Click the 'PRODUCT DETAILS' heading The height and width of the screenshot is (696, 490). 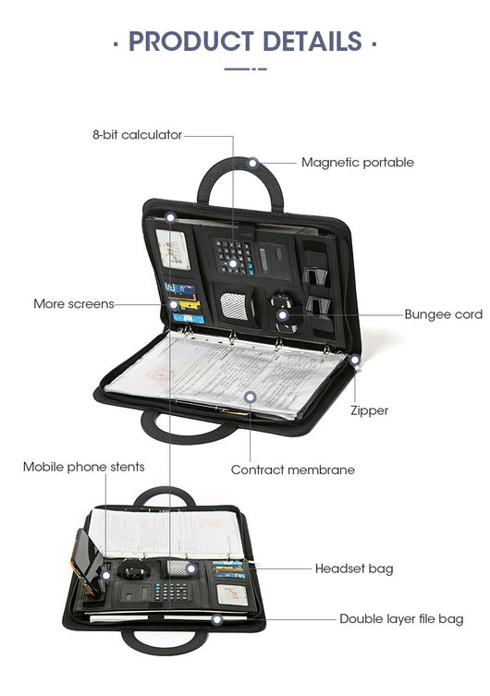pos(245,42)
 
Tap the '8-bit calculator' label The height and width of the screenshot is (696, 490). pos(137,135)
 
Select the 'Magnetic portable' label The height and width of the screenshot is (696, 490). pos(358,163)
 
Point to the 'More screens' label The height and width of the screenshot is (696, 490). pos(74,304)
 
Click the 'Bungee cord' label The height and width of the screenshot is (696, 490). pos(444,314)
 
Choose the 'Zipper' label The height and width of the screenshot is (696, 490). pos(369,410)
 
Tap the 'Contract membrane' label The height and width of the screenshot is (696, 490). pos(293,470)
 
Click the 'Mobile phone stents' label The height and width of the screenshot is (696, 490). pos(84,467)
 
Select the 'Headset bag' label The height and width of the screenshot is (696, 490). pos(354,568)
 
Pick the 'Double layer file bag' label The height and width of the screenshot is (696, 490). pos(401,618)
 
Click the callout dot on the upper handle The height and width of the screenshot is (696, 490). pos(252,163)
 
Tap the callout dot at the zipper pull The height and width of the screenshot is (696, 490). pos(355,360)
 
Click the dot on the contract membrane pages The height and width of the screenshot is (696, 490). pos(251,397)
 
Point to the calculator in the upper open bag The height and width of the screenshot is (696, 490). pos(234,257)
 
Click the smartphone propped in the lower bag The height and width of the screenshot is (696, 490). pos(87,560)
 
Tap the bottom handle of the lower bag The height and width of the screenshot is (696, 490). pos(165,640)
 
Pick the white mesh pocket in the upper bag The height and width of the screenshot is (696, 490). pos(234,305)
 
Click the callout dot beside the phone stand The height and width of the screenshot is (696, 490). pos(105,576)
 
